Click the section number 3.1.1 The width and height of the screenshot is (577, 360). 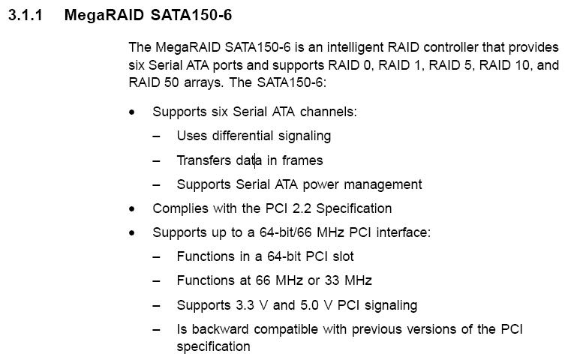point(29,15)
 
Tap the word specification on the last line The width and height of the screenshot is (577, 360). point(213,346)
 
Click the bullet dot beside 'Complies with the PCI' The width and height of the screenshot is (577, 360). point(133,208)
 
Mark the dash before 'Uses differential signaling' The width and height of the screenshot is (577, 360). point(156,136)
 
